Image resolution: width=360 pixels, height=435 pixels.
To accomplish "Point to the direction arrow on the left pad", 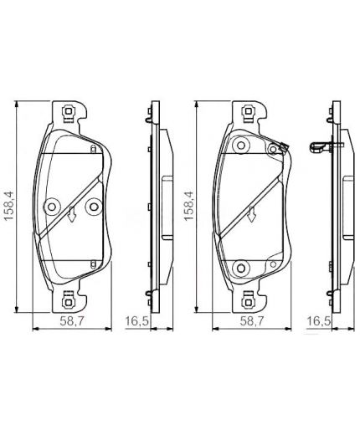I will (x=73, y=214).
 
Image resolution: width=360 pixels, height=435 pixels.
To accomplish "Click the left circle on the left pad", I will (x=52, y=203).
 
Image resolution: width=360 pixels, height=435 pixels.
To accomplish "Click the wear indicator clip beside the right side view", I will (x=322, y=150).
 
